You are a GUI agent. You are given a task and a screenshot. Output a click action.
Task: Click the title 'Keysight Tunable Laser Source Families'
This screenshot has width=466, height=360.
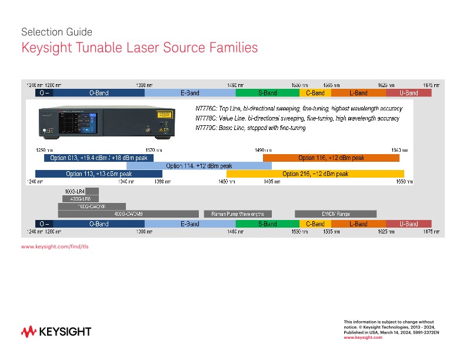[139, 48]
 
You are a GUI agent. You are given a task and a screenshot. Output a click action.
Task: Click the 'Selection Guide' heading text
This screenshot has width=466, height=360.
[56, 32]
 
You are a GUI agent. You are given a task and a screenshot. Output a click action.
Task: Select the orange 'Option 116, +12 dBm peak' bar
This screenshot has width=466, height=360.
[331, 158]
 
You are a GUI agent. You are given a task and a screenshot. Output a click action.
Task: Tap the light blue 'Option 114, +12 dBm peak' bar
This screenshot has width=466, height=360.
[199, 166]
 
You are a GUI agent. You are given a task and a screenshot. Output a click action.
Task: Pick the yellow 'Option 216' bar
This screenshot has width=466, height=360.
[315, 174]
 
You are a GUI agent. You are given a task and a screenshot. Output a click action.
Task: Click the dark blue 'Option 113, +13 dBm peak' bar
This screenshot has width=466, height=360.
[98, 174]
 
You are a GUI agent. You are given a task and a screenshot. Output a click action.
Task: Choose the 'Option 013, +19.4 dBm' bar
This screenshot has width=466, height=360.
[99, 158]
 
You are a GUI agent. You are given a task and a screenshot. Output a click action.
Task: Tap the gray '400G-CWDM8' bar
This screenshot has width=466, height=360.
[129, 214]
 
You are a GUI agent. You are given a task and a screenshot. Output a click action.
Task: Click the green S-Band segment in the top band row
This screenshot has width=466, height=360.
[267, 93]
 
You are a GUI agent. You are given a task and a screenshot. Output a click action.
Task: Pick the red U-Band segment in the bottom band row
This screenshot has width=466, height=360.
[409, 224]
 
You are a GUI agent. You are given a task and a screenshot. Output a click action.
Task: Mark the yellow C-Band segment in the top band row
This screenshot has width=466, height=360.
[315, 93]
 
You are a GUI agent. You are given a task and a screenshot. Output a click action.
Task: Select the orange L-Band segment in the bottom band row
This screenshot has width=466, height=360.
[358, 224]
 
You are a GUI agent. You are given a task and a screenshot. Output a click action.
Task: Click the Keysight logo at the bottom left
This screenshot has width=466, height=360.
[56, 332]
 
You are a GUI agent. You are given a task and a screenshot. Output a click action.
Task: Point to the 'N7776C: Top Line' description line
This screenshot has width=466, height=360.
[298, 109]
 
